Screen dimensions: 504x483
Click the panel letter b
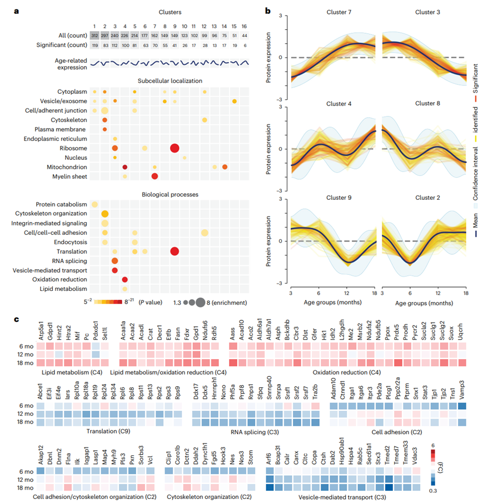(268, 11)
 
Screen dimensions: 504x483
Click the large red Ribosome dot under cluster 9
(175, 148)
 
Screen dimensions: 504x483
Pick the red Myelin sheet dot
(155, 177)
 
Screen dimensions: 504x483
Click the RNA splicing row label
(68, 260)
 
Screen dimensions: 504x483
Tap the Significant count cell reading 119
(94, 46)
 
